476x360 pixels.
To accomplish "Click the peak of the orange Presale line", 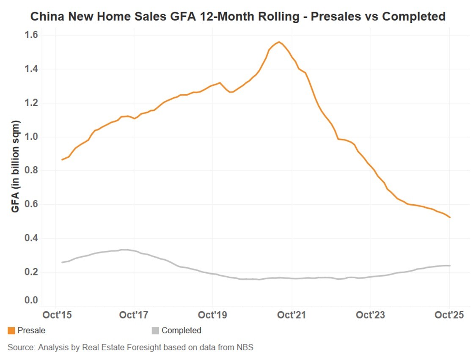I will [279, 42].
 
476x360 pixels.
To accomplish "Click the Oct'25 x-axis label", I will [449, 315].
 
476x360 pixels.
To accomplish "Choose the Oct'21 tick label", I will [292, 315].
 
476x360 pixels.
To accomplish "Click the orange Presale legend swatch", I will [11, 331].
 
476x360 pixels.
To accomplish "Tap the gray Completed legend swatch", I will [155, 331].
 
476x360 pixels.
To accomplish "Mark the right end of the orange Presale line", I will [450, 217].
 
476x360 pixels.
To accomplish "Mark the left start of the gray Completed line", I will [62, 262].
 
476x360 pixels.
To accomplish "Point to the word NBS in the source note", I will [245, 347].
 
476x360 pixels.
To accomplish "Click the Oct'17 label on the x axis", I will [134, 315].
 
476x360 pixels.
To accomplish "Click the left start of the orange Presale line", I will [62, 159].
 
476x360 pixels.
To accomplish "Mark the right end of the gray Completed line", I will [450, 266].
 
